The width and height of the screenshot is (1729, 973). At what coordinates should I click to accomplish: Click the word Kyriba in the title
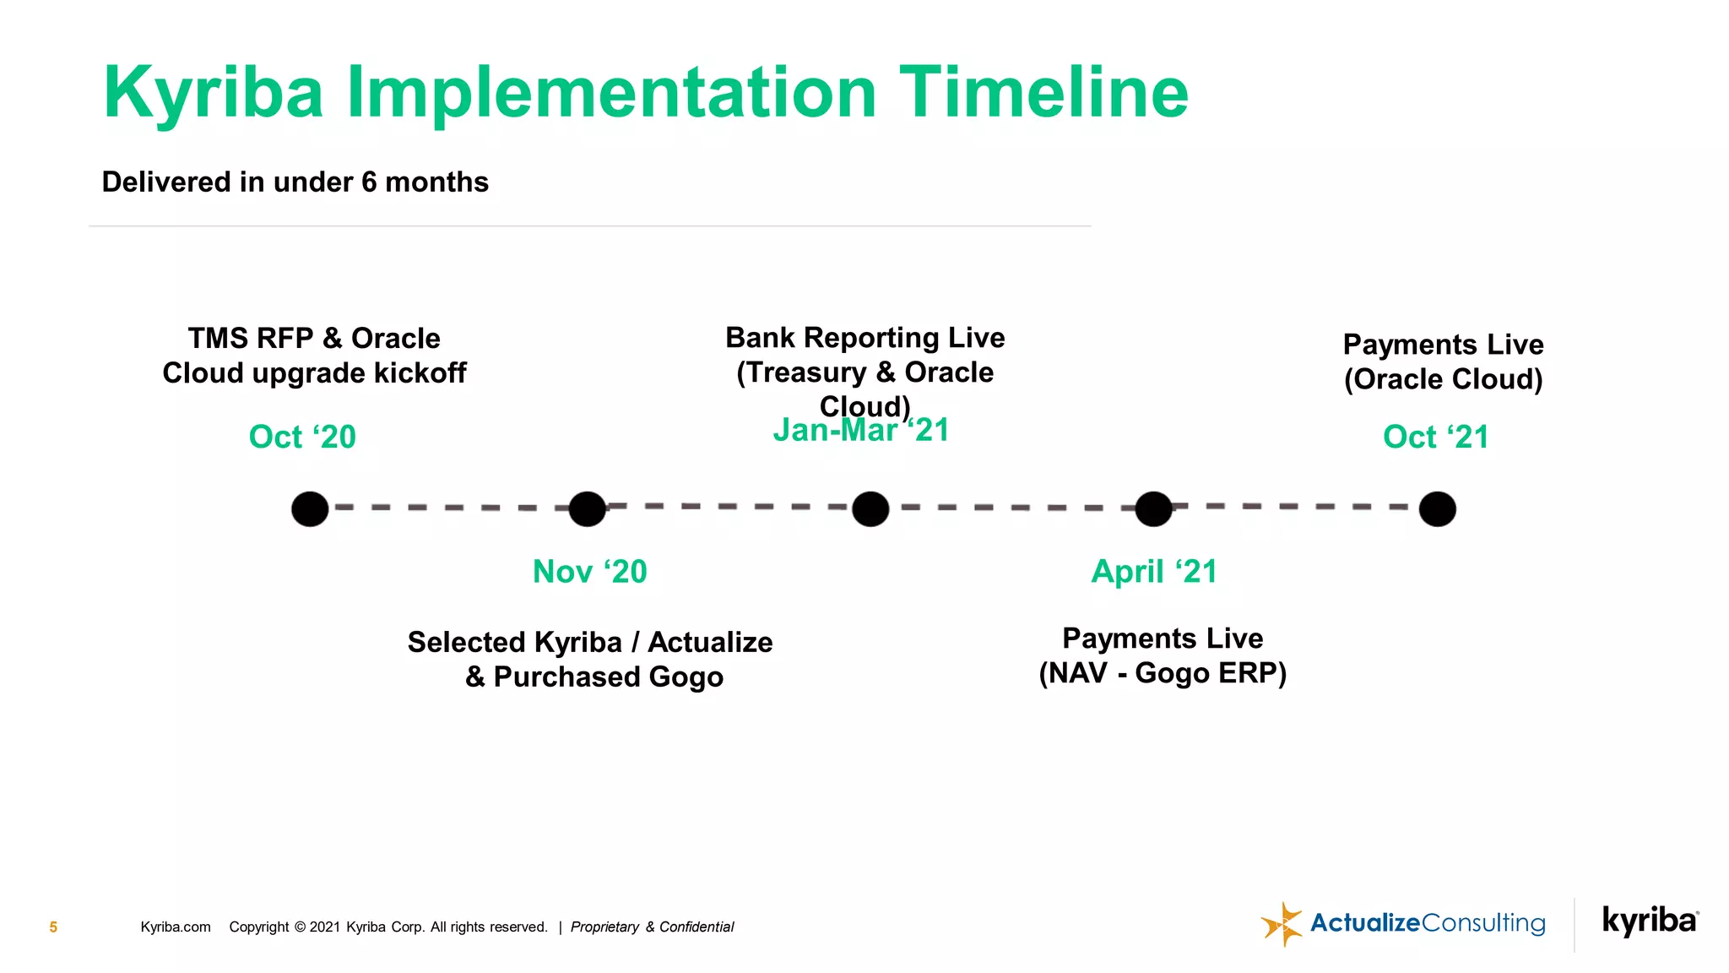pos(213,93)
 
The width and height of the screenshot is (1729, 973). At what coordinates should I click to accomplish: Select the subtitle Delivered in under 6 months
pos(295,182)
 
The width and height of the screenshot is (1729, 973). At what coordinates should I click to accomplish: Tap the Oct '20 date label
pos(302,437)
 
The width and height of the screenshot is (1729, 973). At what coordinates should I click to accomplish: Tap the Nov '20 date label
pos(589,572)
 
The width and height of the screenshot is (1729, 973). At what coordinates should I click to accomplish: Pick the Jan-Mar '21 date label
pos(861,431)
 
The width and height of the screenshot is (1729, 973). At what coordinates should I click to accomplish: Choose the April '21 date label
pos(1153,572)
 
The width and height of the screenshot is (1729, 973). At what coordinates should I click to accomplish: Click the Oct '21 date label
pos(1435,437)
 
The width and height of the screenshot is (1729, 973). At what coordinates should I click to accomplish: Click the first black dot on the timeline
pos(310,509)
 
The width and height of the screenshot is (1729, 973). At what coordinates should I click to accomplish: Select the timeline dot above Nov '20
pos(588,509)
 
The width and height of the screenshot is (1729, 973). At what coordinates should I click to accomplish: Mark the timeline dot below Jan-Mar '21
pos(870,509)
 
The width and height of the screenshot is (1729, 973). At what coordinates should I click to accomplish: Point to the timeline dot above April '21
pos(1153,509)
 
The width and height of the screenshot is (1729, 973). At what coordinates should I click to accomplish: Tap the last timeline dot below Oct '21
pos(1437,509)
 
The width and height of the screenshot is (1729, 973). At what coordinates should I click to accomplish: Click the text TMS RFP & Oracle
pos(314,338)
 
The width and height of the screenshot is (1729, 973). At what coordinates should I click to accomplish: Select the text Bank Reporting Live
pos(864,337)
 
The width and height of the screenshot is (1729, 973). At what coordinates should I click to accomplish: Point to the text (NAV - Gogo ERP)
pos(1163,673)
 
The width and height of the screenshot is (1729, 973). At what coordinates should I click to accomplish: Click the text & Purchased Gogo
pos(594,677)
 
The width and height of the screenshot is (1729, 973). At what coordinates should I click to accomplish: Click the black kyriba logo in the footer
pos(1650,921)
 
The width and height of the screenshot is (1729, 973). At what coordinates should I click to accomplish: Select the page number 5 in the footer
pos(53,927)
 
